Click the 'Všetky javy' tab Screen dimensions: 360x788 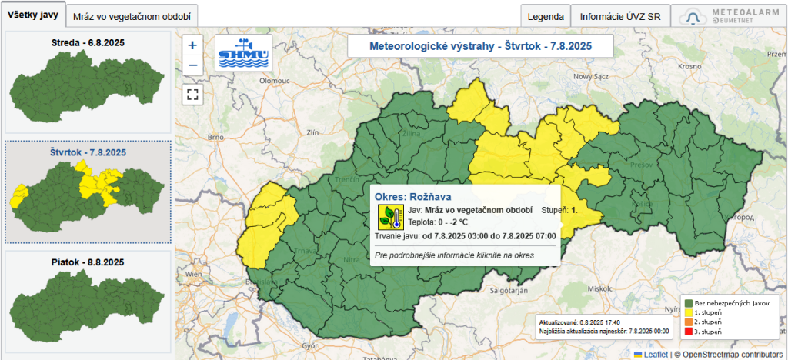tap(34, 15)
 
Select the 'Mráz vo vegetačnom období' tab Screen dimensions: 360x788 tap(132, 15)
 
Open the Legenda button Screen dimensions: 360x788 tap(546, 15)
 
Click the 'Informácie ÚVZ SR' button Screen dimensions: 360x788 tap(619, 15)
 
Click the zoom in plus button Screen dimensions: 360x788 tap(192, 45)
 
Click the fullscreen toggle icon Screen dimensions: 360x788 tap(192, 95)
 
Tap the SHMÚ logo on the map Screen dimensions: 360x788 tap(242, 53)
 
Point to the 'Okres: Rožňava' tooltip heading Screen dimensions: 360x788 tap(413, 197)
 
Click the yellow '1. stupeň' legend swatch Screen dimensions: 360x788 tap(688, 312)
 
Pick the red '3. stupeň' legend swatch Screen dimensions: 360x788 tap(688, 332)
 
